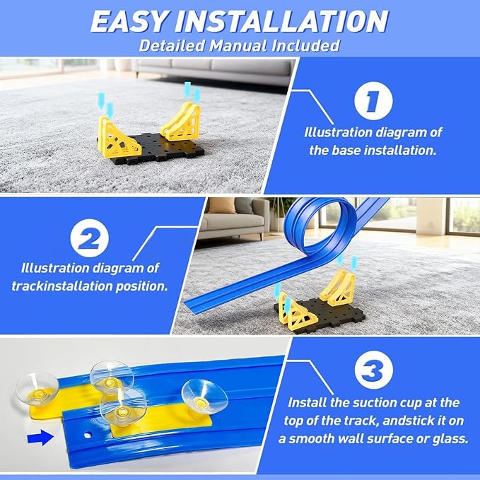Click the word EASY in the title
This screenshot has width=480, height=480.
[x=129, y=21]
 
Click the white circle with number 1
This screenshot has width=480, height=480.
[x=373, y=100]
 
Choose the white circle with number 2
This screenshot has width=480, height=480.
[x=89, y=238]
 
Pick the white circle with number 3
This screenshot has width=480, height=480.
[x=373, y=370]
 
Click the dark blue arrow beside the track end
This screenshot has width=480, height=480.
[x=40, y=438]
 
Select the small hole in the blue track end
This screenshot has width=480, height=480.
[x=88, y=435]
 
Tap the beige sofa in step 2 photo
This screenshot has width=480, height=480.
[x=232, y=219]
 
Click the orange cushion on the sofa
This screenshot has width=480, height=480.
[x=222, y=206]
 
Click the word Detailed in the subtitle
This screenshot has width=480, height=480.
[x=172, y=46]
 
